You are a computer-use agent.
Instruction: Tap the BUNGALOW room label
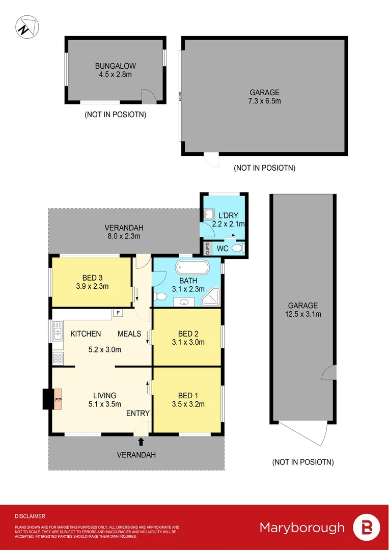point(115,66)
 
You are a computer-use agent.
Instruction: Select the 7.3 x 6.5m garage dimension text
point(264,101)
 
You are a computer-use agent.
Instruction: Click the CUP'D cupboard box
point(207,249)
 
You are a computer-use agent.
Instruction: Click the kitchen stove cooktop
point(57,358)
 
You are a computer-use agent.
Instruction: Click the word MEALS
point(129,334)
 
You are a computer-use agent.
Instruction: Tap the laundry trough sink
point(208,215)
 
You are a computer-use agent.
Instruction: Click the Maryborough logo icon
point(366,527)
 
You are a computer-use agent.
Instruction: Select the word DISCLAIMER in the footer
point(30,516)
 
